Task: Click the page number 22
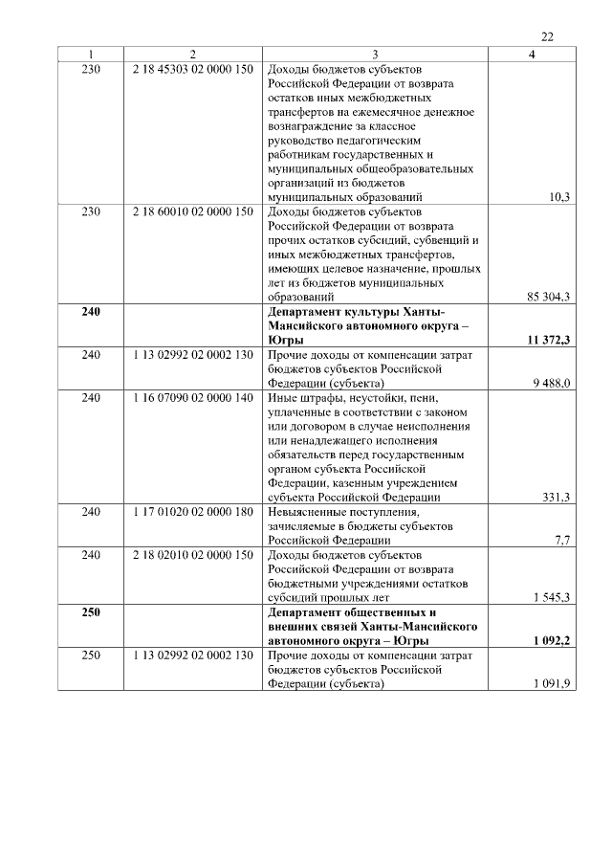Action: (547, 37)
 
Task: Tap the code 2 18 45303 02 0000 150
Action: (193, 71)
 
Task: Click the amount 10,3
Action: (559, 196)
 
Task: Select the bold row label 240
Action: (91, 312)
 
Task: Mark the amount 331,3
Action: (556, 497)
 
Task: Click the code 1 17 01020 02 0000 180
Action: (193, 512)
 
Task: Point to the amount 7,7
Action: (562, 541)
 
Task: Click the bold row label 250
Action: (91, 612)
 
